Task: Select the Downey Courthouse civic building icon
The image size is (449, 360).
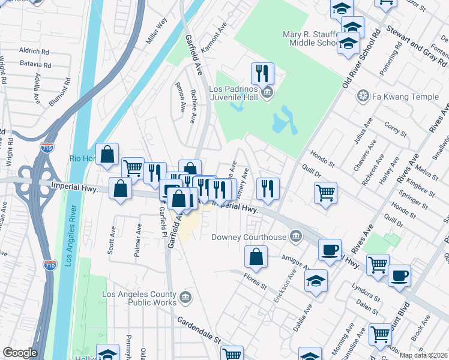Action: coord(295,236)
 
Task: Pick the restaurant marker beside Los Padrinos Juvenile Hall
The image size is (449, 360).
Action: coord(262,74)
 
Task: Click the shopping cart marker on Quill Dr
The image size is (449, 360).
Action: coord(325,193)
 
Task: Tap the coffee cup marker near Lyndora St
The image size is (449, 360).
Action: coord(399,275)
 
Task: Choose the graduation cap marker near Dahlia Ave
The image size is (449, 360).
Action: coord(316,280)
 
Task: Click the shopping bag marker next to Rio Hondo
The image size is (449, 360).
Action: coord(107,155)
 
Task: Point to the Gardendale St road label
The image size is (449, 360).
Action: coord(199,331)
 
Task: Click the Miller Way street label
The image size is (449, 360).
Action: coord(157,31)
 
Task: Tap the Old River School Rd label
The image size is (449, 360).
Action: coord(361,58)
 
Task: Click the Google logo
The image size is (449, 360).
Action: coord(20,353)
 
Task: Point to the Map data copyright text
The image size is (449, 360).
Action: coord(423,355)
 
